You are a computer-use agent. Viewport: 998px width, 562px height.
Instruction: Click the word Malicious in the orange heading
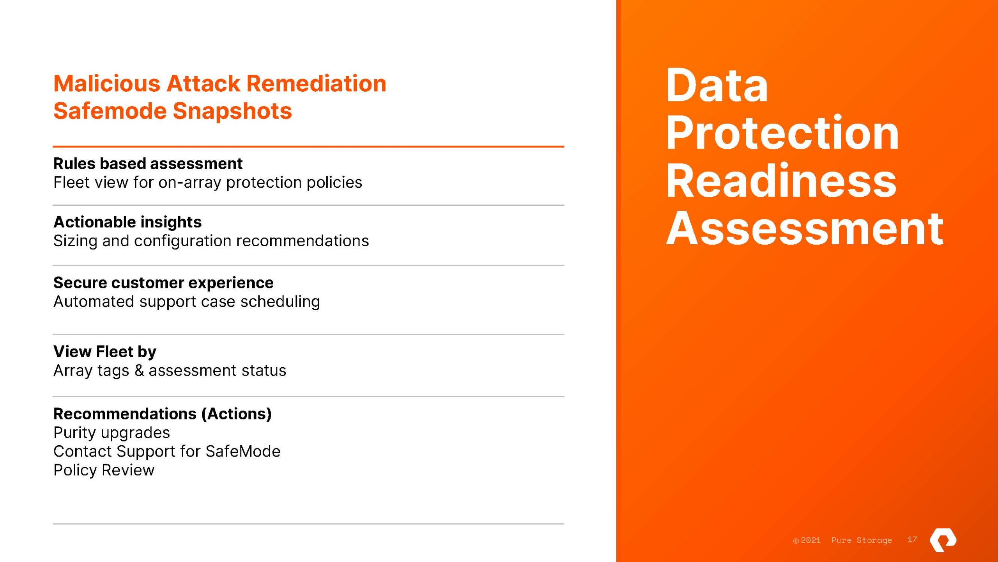tap(107, 84)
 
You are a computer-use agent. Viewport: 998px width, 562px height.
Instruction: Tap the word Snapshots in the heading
tap(232, 111)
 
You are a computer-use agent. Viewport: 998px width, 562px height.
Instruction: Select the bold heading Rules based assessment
tap(148, 164)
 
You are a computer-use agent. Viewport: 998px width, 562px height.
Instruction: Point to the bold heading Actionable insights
tap(127, 222)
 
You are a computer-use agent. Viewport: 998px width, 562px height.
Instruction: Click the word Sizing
tap(75, 241)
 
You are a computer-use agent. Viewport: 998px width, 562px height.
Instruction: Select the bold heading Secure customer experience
tap(163, 283)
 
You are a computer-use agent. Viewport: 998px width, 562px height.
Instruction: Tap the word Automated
tap(94, 302)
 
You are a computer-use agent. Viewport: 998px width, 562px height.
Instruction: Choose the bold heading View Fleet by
tap(105, 352)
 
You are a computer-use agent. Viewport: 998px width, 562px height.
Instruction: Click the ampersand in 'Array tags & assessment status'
tap(139, 371)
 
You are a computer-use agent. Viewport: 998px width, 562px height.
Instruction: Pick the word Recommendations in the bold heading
tap(125, 414)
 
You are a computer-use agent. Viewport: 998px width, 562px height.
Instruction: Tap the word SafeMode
tap(243, 452)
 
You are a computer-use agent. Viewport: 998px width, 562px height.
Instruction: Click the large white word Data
tap(717, 85)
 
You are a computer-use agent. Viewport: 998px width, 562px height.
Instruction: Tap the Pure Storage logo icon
tap(943, 540)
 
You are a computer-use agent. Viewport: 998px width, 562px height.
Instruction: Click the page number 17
tap(912, 540)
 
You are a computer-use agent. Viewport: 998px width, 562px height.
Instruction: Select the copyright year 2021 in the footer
tap(810, 541)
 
